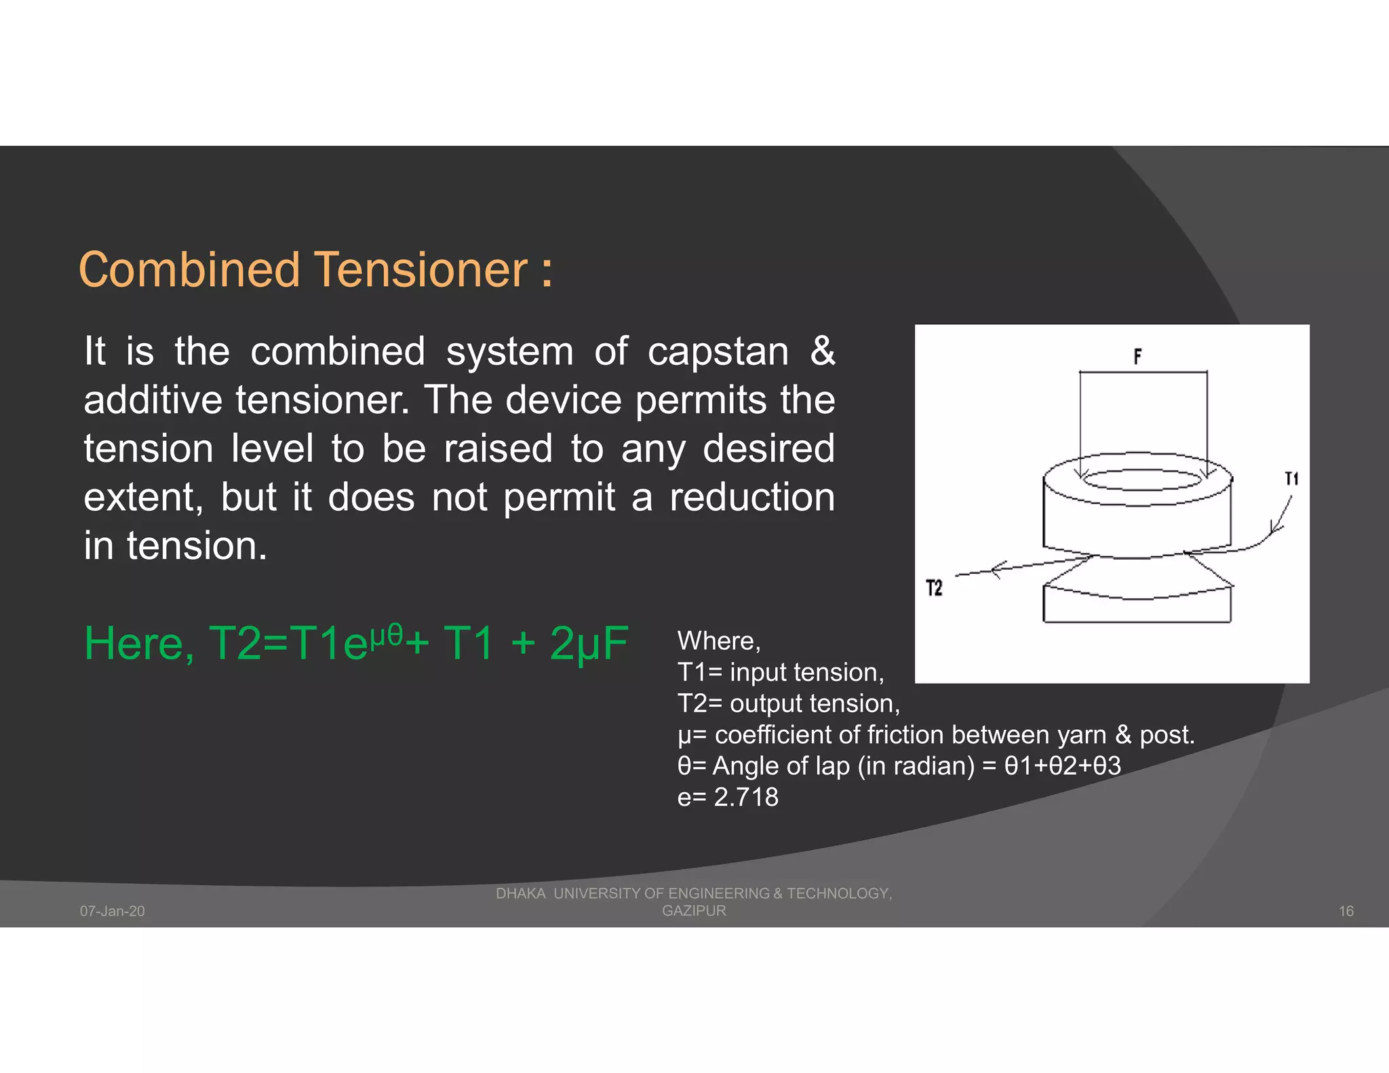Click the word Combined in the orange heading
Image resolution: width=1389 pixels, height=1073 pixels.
tap(189, 270)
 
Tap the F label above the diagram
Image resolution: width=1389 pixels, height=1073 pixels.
tap(1137, 356)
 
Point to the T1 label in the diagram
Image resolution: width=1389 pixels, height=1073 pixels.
tap(1291, 479)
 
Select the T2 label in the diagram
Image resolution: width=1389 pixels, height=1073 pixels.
tap(934, 588)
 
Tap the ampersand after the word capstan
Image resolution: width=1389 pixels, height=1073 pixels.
tap(822, 351)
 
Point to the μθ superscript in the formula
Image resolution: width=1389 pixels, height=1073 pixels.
tap(386, 633)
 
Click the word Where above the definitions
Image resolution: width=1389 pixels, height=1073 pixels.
tap(718, 641)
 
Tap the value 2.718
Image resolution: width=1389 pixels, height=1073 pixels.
tap(746, 797)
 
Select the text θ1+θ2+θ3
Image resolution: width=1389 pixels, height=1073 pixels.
tap(1062, 766)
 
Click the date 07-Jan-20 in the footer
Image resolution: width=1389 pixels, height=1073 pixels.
tap(113, 911)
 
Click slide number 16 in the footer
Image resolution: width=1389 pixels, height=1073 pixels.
tap(1346, 911)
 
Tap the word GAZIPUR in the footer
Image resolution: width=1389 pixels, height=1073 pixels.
tap(694, 911)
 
